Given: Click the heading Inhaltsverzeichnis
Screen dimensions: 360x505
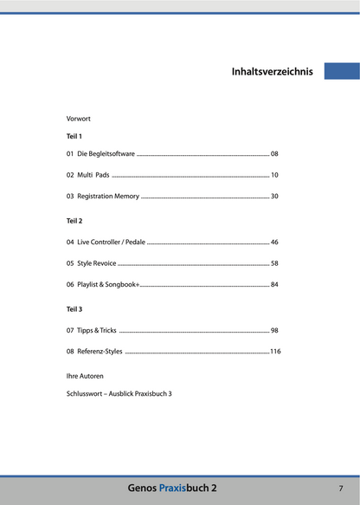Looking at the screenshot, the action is (272, 72).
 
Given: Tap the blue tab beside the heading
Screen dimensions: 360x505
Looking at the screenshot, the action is (342, 71).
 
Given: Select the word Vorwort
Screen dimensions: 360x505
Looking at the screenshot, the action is (79, 118).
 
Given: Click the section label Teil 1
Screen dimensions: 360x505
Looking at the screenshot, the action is (74, 137).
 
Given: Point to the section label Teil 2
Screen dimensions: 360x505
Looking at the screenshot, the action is (74, 222).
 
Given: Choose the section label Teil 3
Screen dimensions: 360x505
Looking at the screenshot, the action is (74, 308).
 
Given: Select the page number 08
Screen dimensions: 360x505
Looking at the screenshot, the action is (274, 153).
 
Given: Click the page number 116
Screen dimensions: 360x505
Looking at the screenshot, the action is (275, 352).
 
